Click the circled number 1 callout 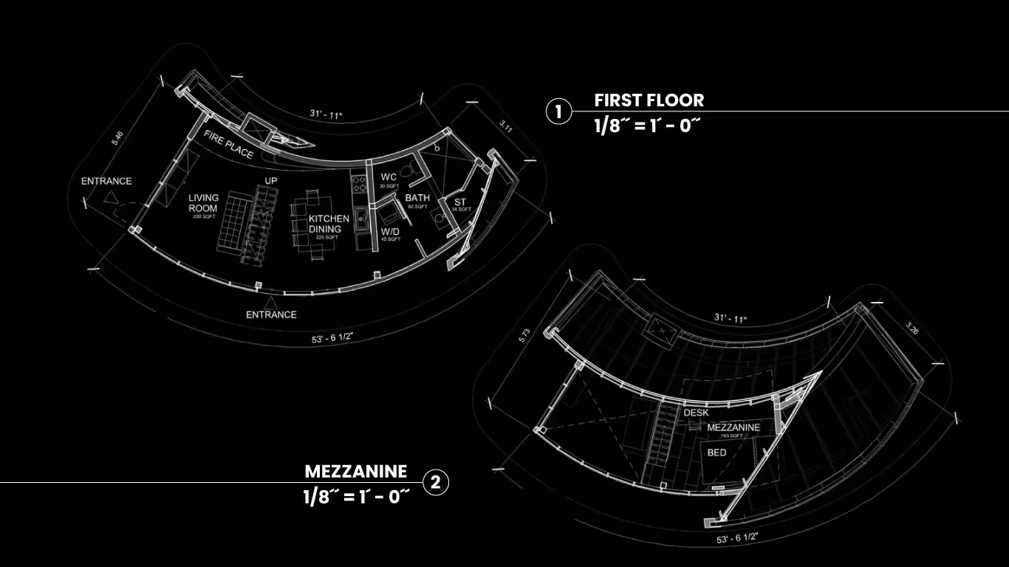point(558,111)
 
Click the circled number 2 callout point(435,483)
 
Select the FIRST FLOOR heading point(649,100)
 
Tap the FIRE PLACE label point(228,144)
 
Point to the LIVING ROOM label point(202,203)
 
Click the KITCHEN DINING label point(329,224)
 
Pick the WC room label point(389,178)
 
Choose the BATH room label point(417,198)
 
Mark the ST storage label point(460,202)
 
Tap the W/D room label point(390,232)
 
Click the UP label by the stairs point(270,180)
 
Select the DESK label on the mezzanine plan point(696,413)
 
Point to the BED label point(716,452)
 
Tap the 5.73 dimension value point(524,335)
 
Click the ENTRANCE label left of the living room point(106,181)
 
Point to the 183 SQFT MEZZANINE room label point(733,428)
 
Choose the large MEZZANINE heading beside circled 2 point(355,471)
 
